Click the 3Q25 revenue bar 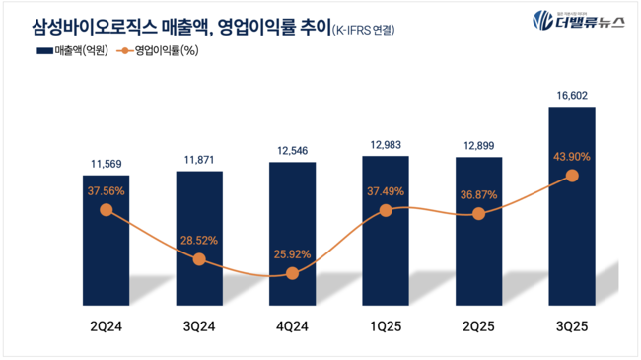coord(572,207)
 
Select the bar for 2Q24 coord(106,242)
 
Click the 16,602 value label coord(572,96)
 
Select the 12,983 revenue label coord(386,145)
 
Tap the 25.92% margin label coord(292,253)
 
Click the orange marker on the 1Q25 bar coord(386,210)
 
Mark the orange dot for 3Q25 coord(572,176)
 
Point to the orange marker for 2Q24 coord(106,209)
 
